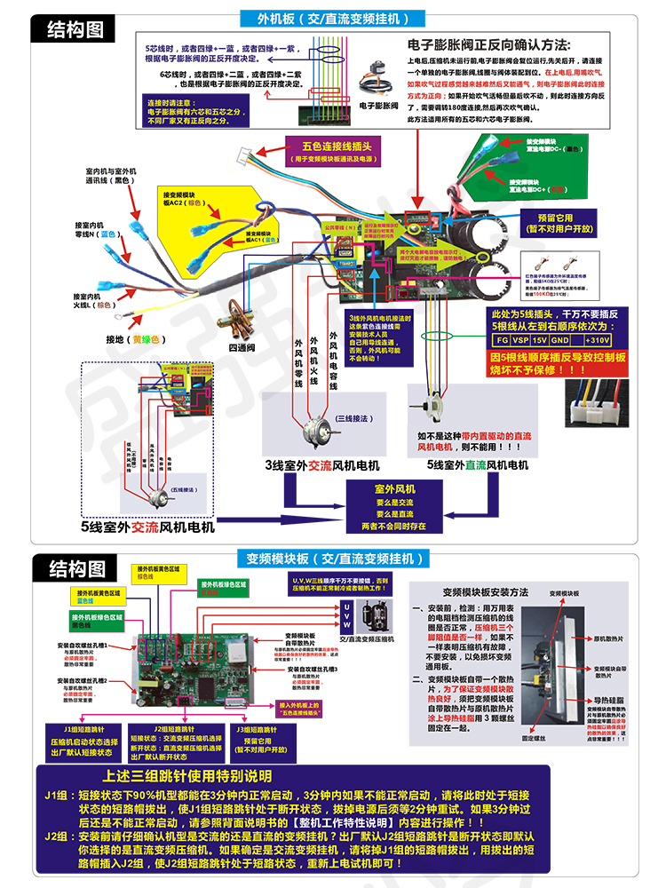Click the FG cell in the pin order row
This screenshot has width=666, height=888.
[503, 340]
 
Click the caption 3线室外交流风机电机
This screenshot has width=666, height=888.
[321, 465]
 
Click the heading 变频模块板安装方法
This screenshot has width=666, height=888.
[484, 591]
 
